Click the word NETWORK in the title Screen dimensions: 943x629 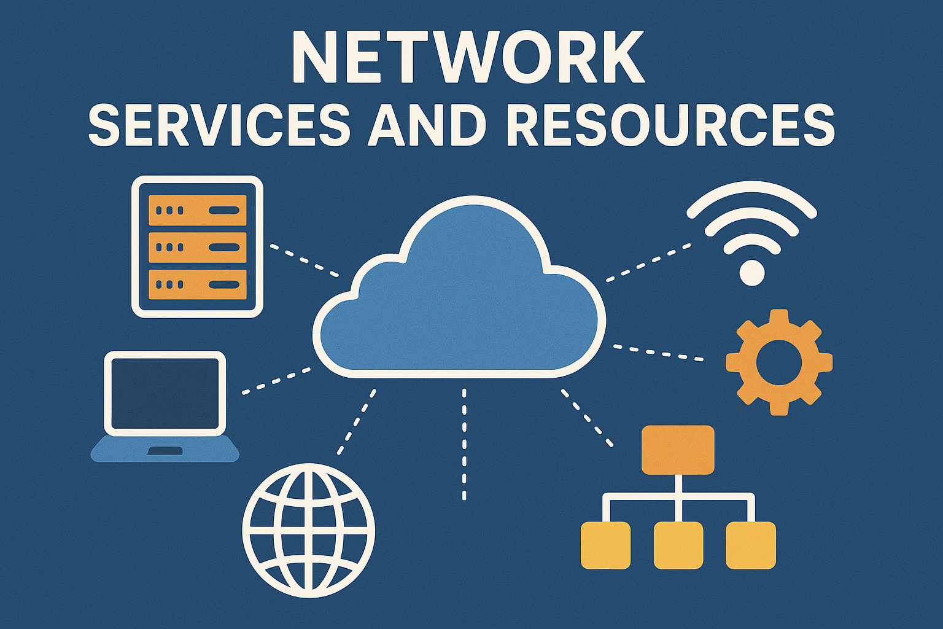click(x=468, y=58)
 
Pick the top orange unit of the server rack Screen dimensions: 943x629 click(x=197, y=211)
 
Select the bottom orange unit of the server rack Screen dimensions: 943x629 click(x=197, y=284)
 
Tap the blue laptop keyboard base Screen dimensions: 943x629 click(x=165, y=450)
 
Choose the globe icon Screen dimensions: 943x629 click(x=308, y=530)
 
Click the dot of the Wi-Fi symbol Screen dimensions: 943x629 click(x=752, y=272)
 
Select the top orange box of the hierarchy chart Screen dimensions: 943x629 click(x=678, y=450)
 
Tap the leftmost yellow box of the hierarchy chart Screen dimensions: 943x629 click(x=606, y=545)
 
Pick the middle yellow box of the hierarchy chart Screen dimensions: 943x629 click(x=678, y=545)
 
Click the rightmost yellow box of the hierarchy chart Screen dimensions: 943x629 click(x=750, y=545)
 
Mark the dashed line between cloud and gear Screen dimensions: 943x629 click(x=658, y=353)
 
